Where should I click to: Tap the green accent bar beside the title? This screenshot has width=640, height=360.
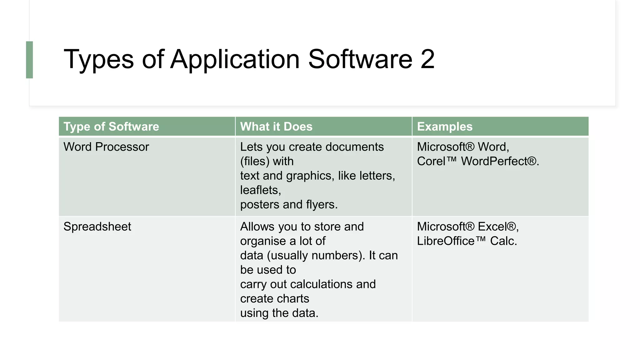[x=29, y=60]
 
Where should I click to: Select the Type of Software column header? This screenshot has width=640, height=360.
[x=111, y=127]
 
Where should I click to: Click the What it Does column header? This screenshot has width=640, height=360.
[x=276, y=127]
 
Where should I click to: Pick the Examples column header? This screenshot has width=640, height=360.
[x=445, y=127]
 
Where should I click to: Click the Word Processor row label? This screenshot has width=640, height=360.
[x=106, y=147]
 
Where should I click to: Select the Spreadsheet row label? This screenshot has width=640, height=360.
[x=97, y=227]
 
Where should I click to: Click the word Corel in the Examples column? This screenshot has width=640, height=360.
[x=431, y=161]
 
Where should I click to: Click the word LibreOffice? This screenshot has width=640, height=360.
[x=446, y=241]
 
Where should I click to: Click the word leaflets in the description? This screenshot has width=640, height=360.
[x=259, y=190]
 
